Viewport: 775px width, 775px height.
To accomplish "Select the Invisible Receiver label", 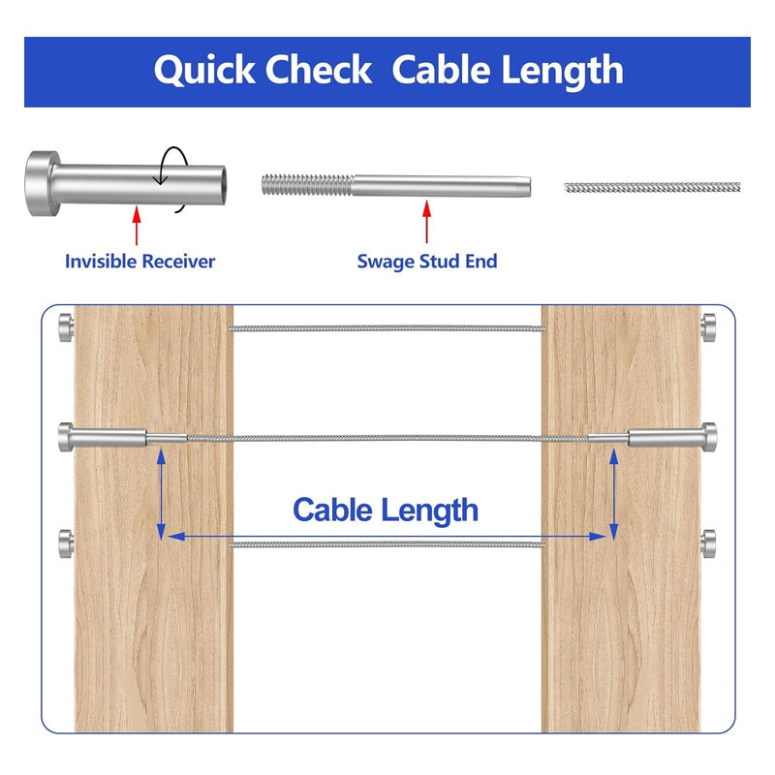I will click(139, 261).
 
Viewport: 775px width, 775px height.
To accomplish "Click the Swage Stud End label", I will click(426, 261).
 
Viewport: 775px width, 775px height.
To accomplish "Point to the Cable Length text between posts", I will click(386, 510).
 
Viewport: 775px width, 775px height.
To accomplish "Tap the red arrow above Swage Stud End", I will click(426, 223).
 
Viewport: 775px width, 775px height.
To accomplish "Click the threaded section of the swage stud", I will click(306, 184).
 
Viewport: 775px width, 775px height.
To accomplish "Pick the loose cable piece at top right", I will click(652, 186).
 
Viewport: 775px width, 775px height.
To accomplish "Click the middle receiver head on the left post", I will click(66, 436).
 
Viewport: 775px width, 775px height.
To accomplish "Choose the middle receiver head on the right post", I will click(708, 436).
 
